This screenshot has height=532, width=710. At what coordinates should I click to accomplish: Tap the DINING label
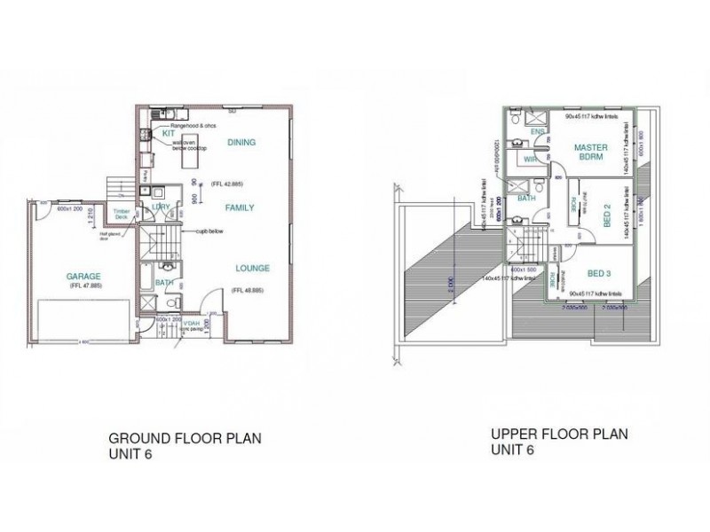pos(241,142)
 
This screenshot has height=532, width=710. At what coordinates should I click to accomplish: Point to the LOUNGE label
pos(252,268)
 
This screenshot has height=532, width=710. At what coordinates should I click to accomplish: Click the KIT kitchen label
pos(168,133)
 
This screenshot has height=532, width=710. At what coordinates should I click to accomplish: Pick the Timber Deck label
pos(122,213)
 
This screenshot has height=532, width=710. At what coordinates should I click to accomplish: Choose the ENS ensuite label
pos(536,132)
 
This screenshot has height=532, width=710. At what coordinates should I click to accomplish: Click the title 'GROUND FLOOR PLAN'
pos(185,438)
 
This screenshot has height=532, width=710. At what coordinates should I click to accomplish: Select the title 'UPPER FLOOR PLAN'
pos(559,434)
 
